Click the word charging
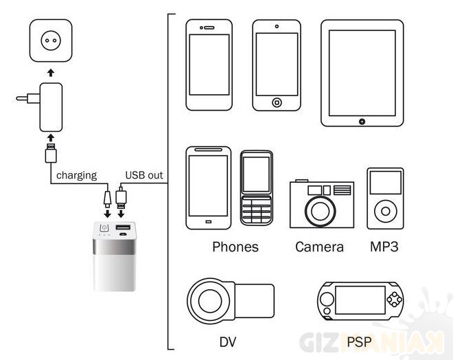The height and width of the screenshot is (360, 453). click(x=76, y=175)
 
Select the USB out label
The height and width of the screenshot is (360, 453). click(x=144, y=175)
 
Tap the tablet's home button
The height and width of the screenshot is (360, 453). click(x=362, y=121)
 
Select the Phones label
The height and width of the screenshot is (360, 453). click(x=235, y=247)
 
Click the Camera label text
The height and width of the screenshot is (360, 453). click(x=319, y=247)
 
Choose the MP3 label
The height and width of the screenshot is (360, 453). click(x=385, y=246)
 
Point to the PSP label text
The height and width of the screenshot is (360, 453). click(x=361, y=340)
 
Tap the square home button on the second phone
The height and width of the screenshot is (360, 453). click(x=277, y=102)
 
